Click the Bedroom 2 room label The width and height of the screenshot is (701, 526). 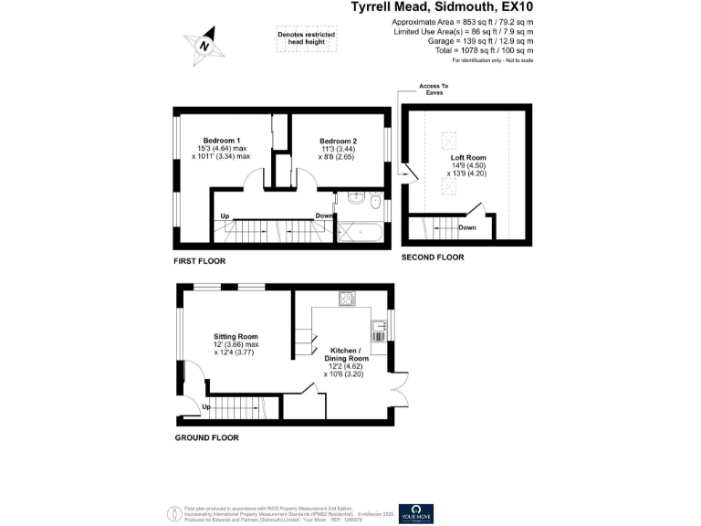337,141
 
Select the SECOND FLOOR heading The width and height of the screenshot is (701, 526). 433,258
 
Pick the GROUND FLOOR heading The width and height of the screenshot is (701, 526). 207,438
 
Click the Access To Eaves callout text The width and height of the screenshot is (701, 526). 434,89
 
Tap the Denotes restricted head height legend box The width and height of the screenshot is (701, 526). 307,37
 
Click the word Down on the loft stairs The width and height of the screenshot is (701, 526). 467,227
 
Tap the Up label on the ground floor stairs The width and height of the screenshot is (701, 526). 206,406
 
